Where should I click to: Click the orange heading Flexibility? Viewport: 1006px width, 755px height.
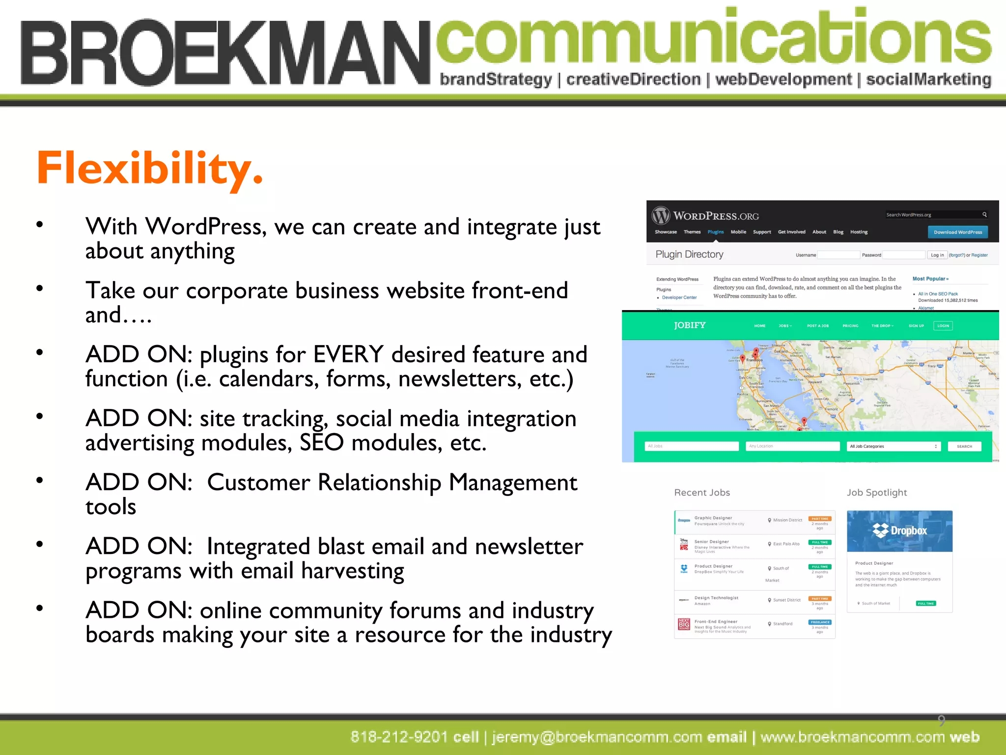pos(150,169)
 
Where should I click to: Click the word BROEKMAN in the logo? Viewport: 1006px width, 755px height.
pos(225,53)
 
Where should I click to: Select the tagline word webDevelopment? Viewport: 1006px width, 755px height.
pos(783,80)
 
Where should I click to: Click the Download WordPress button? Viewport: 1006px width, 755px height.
pos(957,232)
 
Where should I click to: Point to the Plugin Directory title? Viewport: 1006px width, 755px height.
pos(689,254)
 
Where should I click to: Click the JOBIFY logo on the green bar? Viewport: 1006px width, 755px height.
pos(690,325)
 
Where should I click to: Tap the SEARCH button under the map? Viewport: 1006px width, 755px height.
pos(964,446)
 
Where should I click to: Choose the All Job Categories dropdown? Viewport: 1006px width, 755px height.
pos(893,446)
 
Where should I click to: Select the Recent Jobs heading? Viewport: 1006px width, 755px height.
pos(702,493)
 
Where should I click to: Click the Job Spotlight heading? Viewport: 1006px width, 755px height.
pos(877,493)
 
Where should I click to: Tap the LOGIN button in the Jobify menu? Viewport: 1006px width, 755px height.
pos(943,325)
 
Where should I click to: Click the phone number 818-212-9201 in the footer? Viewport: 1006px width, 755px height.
pos(399,737)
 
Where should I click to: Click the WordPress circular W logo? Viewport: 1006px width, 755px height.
pos(661,215)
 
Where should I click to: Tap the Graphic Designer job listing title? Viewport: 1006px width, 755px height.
pos(713,518)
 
